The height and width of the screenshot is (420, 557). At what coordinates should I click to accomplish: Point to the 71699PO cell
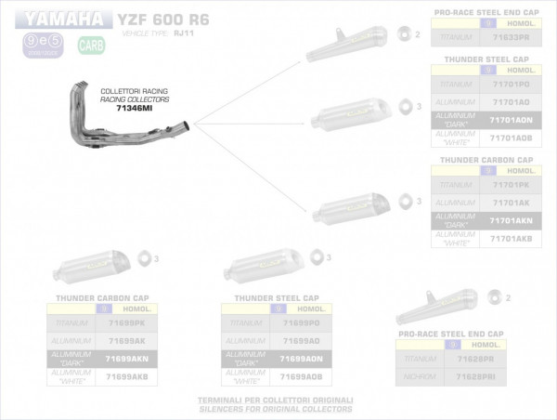click(x=302, y=322)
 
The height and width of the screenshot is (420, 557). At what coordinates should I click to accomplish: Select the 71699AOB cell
click(x=302, y=376)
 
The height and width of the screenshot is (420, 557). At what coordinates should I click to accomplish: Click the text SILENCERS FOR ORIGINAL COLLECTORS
click(x=278, y=408)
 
